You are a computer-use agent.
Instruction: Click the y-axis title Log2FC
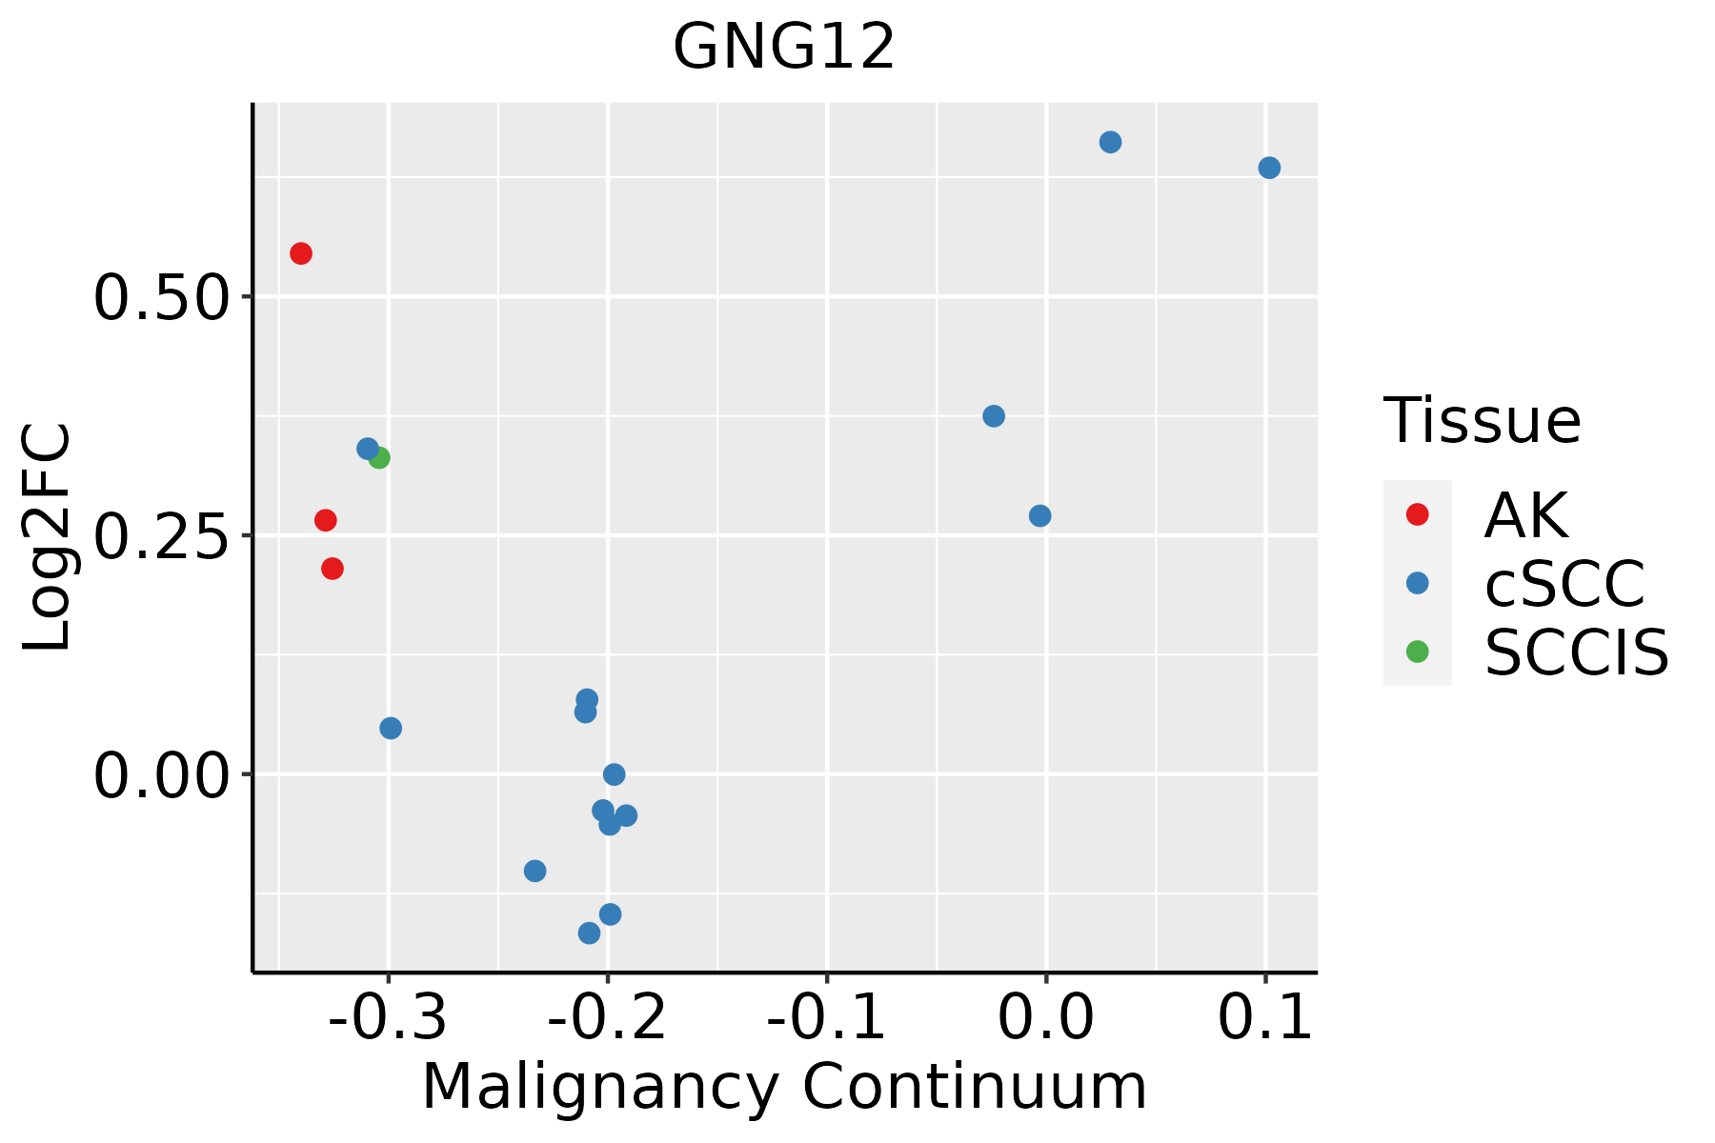[x=48, y=537]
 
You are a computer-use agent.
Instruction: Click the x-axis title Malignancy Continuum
[x=784, y=1088]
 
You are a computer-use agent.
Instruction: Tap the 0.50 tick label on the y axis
[x=162, y=298]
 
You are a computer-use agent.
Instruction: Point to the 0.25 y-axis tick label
[x=162, y=536]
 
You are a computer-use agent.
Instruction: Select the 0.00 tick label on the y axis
[x=162, y=775]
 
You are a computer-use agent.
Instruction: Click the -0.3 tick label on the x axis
[x=388, y=1017]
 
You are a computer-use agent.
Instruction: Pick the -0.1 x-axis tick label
[x=826, y=1017]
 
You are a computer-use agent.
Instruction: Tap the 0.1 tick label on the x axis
[x=1265, y=1017]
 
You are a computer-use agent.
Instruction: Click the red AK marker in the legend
[x=1417, y=514]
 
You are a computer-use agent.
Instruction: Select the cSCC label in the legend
[x=1564, y=583]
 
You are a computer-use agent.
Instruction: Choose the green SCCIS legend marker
[x=1417, y=652]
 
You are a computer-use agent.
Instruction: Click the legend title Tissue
[x=1482, y=420]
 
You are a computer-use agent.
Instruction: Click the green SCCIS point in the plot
[x=379, y=458]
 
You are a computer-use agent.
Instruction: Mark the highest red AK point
[x=301, y=253]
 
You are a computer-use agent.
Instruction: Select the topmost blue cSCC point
[x=1110, y=142]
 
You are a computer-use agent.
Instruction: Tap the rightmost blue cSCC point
[x=1269, y=168]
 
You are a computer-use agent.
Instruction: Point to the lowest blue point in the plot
[x=589, y=932]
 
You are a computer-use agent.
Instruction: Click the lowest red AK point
[x=333, y=569]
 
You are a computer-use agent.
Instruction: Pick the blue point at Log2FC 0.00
[x=615, y=774]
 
